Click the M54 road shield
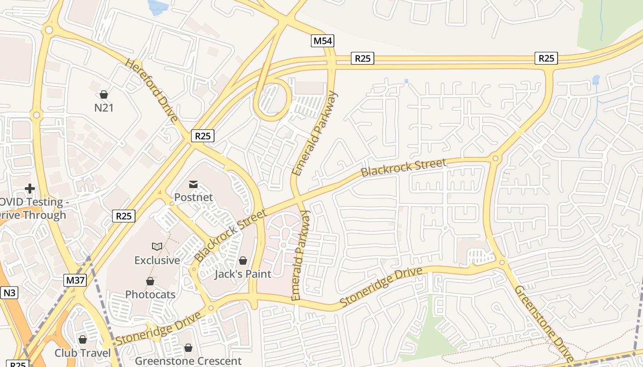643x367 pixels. pos(322,41)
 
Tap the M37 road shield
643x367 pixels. pos(75,280)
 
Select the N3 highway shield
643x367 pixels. pos(10,293)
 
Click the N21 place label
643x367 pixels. pos(104,108)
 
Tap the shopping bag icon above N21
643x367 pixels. pos(104,95)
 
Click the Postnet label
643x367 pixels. pos(193,197)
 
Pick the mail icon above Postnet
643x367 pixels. pos(193,184)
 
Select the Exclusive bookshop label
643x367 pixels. pos(157,260)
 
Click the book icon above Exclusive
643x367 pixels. pos(157,247)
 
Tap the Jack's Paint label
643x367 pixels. pos(243,274)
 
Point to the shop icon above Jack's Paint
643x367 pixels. pos(243,261)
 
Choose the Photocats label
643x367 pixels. pos(150,295)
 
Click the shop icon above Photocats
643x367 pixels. pos(150,281)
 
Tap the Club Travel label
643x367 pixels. pos(83,353)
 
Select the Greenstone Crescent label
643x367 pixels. pos(188,361)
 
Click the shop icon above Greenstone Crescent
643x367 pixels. pos(188,348)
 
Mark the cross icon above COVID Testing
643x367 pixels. pos(30,189)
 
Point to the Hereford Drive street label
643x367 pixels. pos(151,90)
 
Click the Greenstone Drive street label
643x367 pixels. pos(544,323)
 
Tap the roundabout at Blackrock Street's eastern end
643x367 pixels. pos(495,159)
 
